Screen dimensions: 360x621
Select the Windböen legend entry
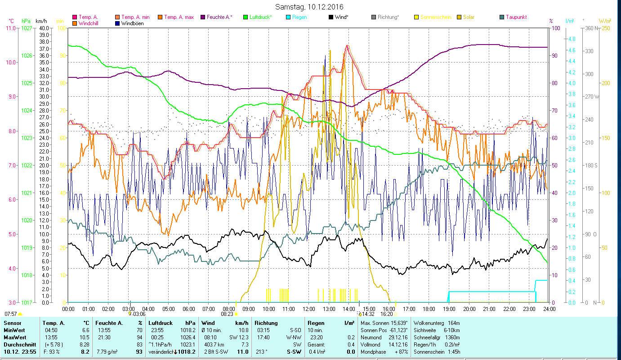click(132, 23)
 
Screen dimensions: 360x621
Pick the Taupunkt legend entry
click(516, 17)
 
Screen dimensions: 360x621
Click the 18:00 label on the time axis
click(429, 309)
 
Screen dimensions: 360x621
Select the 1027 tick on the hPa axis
click(27, 28)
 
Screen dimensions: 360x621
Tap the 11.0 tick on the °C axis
click(10, 28)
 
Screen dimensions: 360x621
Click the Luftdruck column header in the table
click(161, 323)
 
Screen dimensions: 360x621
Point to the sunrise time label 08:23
click(228, 314)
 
